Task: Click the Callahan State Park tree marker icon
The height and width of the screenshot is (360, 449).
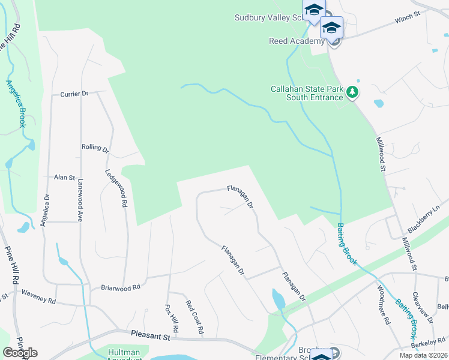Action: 354,92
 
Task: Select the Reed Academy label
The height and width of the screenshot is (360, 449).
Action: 297,41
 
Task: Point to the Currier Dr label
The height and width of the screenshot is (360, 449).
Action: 74,94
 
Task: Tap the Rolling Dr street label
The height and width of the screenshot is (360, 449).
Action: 95,148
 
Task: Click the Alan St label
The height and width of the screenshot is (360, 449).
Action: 64,178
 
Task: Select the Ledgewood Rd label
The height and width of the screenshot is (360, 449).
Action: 116,187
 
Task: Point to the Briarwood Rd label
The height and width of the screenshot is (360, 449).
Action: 120,287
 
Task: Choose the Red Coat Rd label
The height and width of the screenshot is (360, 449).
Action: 195,317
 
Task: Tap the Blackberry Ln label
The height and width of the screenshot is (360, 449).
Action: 424,220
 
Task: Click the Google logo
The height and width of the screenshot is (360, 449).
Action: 20,352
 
